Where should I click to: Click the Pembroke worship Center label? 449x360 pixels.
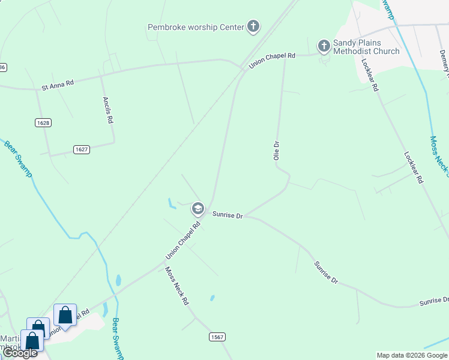[196, 26]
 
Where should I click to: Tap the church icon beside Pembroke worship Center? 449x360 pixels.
[254, 26]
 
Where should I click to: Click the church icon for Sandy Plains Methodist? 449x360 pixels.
[324, 45]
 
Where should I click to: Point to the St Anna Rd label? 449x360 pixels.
[58, 86]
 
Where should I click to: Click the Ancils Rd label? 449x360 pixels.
[108, 110]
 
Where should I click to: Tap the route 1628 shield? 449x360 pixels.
[43, 122]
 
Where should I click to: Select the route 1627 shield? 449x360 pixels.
[82, 149]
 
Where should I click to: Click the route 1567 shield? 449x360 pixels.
[217, 337]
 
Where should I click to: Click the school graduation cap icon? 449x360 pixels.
[197, 209]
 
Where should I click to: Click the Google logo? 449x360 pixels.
[20, 353]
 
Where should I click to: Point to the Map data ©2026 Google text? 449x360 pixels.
[412, 355]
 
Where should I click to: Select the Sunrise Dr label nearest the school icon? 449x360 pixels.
[228, 215]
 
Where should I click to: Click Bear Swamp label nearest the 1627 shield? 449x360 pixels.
[18, 158]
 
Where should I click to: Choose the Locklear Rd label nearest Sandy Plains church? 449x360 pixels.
[369, 74]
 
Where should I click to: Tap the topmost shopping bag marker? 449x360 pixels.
[65, 315]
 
